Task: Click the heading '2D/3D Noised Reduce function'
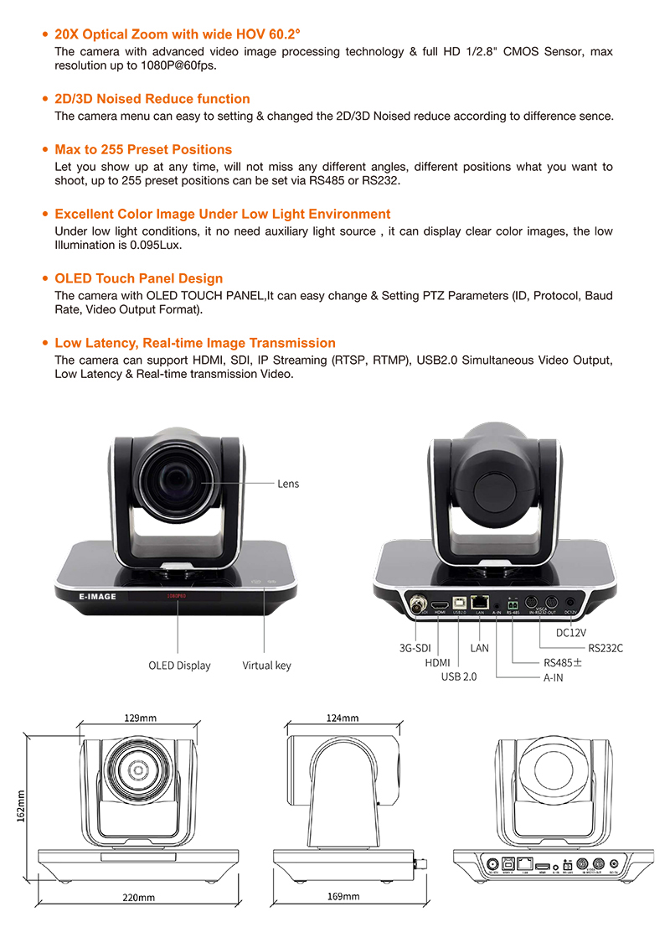click(152, 99)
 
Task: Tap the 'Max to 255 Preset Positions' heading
click(142, 149)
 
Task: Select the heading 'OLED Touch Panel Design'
click(138, 278)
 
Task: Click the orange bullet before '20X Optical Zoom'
click(45, 34)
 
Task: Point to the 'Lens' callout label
click(288, 484)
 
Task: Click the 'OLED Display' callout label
click(179, 666)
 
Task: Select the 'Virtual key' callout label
click(266, 666)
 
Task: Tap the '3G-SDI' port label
click(415, 648)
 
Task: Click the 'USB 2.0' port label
click(458, 676)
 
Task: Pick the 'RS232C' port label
click(606, 647)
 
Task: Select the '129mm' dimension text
click(140, 718)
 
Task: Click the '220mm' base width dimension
click(139, 897)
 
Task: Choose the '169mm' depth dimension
click(343, 896)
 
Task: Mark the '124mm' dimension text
click(342, 718)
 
